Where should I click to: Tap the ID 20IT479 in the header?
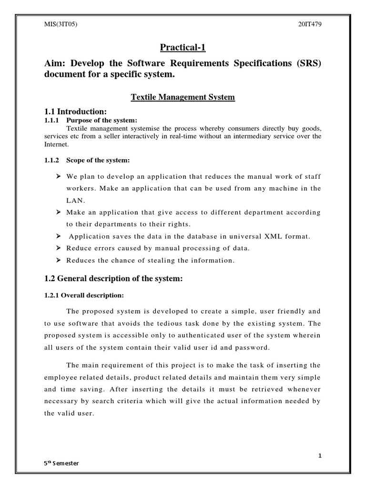pos(309,24)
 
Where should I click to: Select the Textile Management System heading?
pos(183,97)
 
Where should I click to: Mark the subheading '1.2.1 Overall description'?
pos(84,295)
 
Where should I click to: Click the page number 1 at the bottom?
pos(320,456)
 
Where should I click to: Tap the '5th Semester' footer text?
pos(60,463)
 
